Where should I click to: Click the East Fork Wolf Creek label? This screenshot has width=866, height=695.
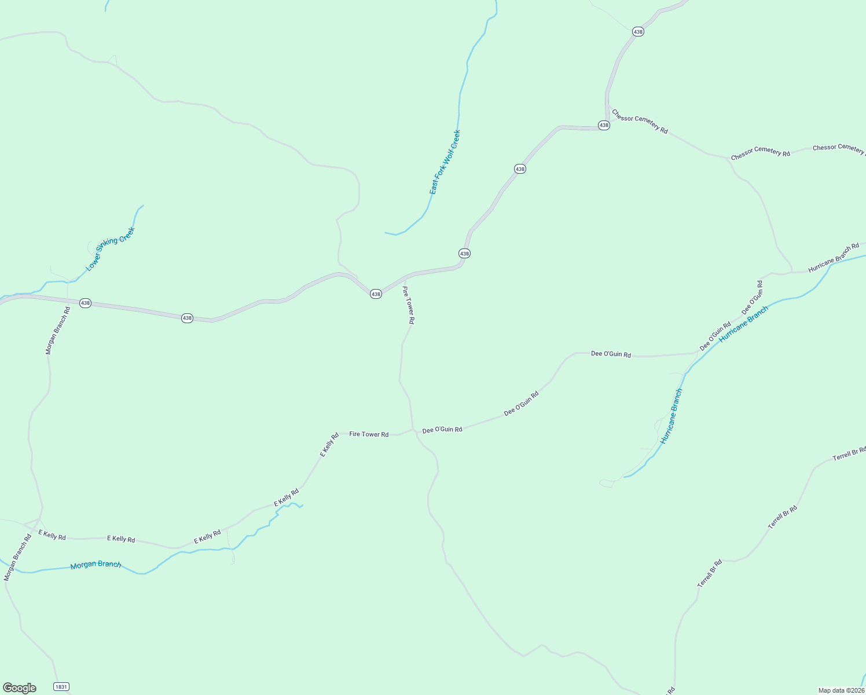[445, 162]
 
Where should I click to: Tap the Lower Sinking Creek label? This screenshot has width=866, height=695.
[110, 249]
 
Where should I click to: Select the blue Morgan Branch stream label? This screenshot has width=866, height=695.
[96, 565]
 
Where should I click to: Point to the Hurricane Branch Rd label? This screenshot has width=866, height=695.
[834, 258]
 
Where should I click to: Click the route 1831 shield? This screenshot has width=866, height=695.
[61, 686]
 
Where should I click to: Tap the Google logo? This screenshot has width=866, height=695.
[20, 688]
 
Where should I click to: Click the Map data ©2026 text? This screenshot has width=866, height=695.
[841, 690]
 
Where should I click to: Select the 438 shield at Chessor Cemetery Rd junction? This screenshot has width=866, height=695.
[604, 125]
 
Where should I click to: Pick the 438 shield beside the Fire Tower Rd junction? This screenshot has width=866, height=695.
[376, 294]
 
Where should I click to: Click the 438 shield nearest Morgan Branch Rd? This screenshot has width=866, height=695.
[85, 303]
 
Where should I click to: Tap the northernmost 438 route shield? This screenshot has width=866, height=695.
[638, 32]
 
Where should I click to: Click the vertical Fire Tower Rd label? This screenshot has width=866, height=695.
[409, 305]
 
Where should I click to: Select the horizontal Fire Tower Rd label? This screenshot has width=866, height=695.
[369, 434]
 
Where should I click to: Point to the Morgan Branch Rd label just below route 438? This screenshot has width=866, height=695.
[58, 331]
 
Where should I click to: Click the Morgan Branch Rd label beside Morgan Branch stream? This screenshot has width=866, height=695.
[17, 557]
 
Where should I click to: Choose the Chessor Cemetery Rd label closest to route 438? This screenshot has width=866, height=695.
[640, 122]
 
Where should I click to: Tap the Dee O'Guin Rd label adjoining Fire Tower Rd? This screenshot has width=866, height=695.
[442, 430]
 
